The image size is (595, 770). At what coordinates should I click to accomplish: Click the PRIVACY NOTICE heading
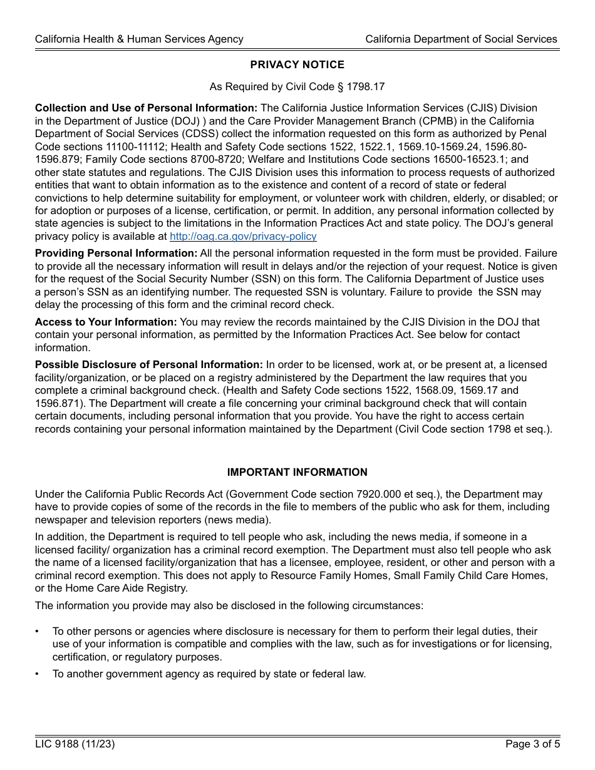click(x=297, y=64)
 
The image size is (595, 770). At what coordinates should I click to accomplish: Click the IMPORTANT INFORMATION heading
click(x=297, y=472)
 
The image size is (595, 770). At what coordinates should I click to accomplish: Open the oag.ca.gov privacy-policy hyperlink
click(x=243, y=236)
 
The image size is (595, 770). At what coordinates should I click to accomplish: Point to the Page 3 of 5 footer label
click(x=531, y=744)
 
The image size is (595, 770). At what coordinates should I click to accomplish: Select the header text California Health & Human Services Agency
click(x=139, y=39)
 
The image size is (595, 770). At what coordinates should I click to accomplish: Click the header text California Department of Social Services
click(x=461, y=39)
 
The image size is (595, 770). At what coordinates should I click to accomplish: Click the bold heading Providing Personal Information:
click(x=116, y=254)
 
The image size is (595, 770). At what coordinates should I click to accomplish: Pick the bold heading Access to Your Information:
click(x=106, y=322)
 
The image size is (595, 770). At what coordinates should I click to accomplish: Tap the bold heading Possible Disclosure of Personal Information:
click(x=148, y=364)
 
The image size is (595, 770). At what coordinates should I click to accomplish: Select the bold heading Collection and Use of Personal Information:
click(x=146, y=108)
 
